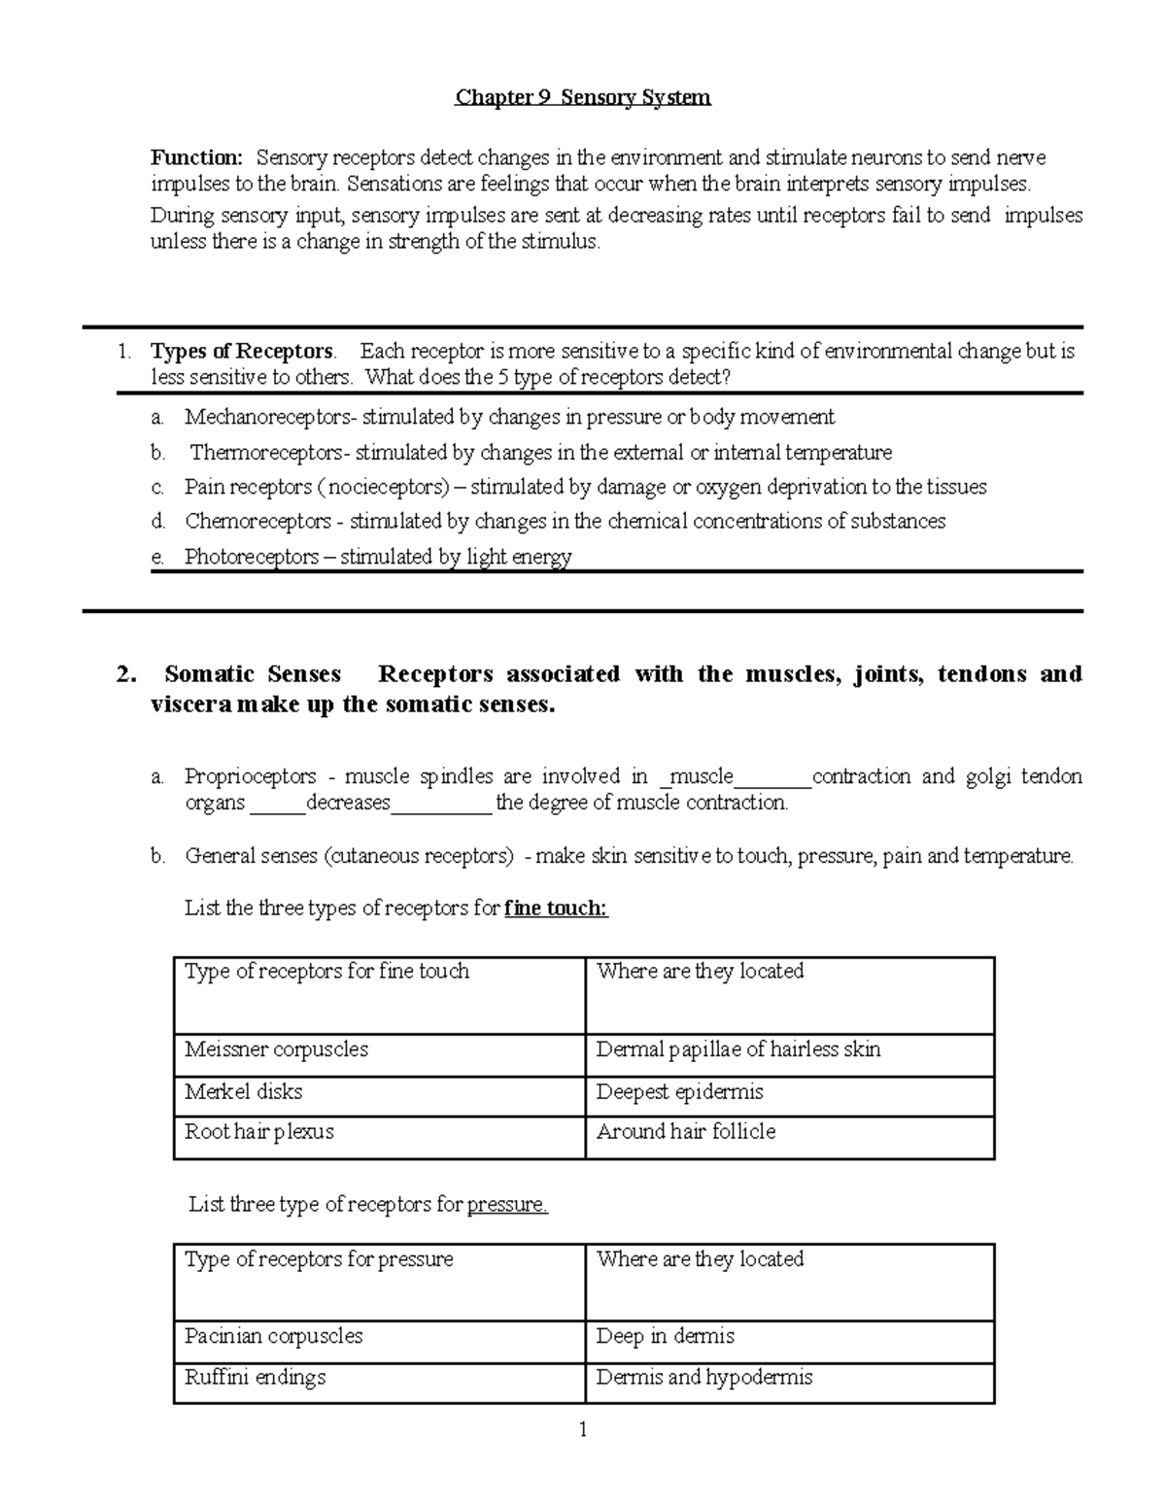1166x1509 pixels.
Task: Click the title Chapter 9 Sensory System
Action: [x=583, y=97]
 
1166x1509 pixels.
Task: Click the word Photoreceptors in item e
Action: [x=251, y=557]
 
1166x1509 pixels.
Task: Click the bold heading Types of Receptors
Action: [x=242, y=352]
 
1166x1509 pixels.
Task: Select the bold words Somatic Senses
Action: [x=253, y=674]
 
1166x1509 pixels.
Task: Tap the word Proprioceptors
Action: [x=250, y=776]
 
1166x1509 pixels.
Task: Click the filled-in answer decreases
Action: [x=348, y=803]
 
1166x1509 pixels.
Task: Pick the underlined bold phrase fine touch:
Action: [x=556, y=909]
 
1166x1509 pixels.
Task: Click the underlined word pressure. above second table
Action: [x=507, y=1205]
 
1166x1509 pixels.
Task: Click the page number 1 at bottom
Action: [x=583, y=1429]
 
